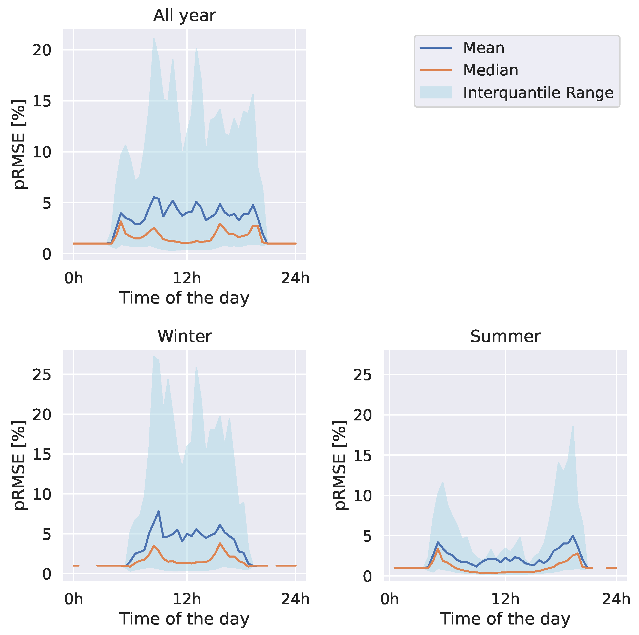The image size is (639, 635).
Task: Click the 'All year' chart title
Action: [184, 16]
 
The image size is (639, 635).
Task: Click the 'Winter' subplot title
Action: [184, 336]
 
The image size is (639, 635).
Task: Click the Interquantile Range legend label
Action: [538, 93]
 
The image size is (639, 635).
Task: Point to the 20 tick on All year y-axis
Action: [42, 50]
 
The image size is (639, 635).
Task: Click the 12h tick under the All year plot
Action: [187, 278]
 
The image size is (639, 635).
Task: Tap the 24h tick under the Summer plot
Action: [616, 599]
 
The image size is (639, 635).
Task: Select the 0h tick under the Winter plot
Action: [73, 599]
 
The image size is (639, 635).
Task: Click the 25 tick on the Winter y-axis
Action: [42, 375]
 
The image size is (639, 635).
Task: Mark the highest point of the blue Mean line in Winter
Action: [158, 512]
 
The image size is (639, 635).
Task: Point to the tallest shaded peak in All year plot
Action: [154, 38]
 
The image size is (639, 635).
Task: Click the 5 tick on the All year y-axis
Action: [46, 203]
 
